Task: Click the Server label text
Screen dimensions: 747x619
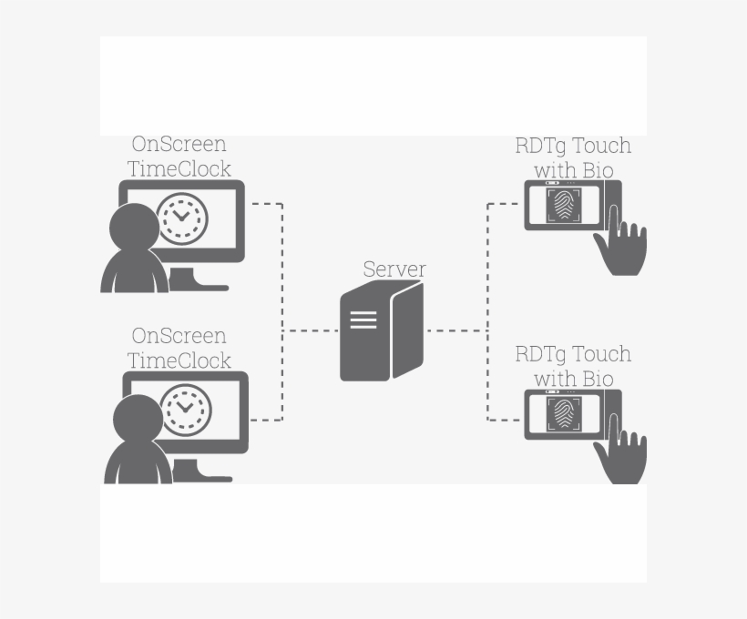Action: [x=394, y=269]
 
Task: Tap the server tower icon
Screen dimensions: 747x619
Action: [x=382, y=330]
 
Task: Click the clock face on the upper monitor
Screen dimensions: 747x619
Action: [x=182, y=218]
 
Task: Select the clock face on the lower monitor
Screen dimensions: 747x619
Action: [x=186, y=410]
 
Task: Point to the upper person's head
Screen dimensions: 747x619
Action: [x=134, y=228]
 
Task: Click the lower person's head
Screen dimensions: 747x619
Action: [x=138, y=420]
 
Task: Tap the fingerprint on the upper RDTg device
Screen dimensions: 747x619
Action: [x=564, y=205]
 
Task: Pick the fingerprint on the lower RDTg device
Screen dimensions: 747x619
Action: [x=564, y=414]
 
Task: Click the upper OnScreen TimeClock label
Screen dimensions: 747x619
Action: [x=179, y=157]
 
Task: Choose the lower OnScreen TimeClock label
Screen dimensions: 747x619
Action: [x=179, y=348]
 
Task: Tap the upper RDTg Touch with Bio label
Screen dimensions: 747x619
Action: [x=573, y=158]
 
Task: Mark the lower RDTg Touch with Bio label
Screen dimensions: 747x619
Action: [x=573, y=367]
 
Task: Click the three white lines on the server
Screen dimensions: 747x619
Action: [x=363, y=320]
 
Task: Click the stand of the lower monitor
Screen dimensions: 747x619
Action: [x=201, y=472]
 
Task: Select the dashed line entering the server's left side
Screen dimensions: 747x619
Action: [x=311, y=330]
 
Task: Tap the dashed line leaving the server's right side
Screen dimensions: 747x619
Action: [x=457, y=330]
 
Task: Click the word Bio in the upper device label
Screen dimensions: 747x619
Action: [x=598, y=170]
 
